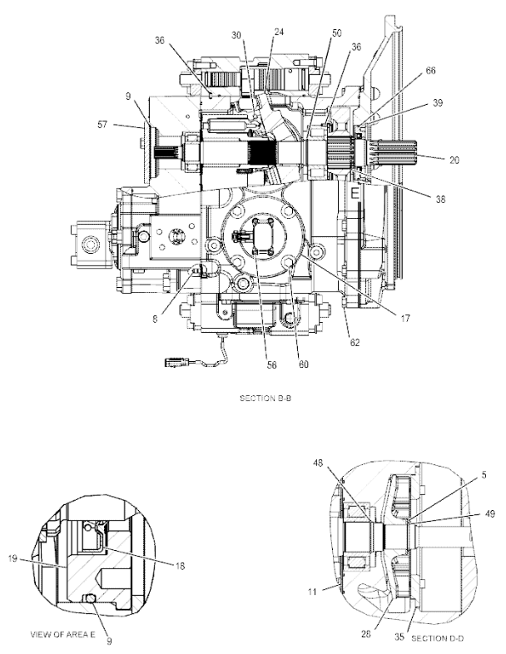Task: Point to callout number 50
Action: click(336, 32)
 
